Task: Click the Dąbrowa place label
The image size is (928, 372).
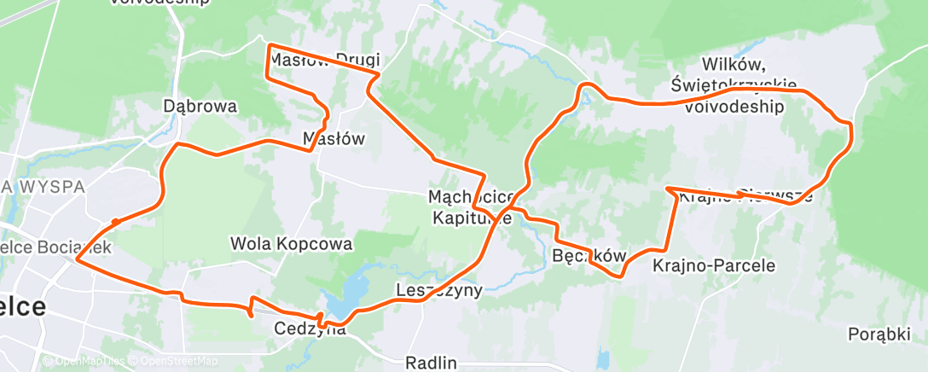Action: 200,107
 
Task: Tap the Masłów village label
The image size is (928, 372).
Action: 334,138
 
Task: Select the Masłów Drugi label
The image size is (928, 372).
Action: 324,60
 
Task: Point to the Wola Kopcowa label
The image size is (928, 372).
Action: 291,244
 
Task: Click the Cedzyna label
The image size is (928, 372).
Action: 310,328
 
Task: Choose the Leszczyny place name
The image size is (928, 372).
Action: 439,290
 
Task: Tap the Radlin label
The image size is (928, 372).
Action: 431,363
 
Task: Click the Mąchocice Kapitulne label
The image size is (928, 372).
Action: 472,207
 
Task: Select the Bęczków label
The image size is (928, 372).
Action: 589,255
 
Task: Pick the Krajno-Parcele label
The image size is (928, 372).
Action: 714,265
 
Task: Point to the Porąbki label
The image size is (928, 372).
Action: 879,334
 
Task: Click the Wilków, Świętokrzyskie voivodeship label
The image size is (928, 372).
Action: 734,85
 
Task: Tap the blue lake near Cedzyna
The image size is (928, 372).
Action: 345,294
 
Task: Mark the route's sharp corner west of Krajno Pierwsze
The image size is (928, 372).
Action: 666,188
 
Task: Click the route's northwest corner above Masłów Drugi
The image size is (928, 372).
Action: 270,45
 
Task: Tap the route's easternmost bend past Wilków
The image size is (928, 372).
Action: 851,125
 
